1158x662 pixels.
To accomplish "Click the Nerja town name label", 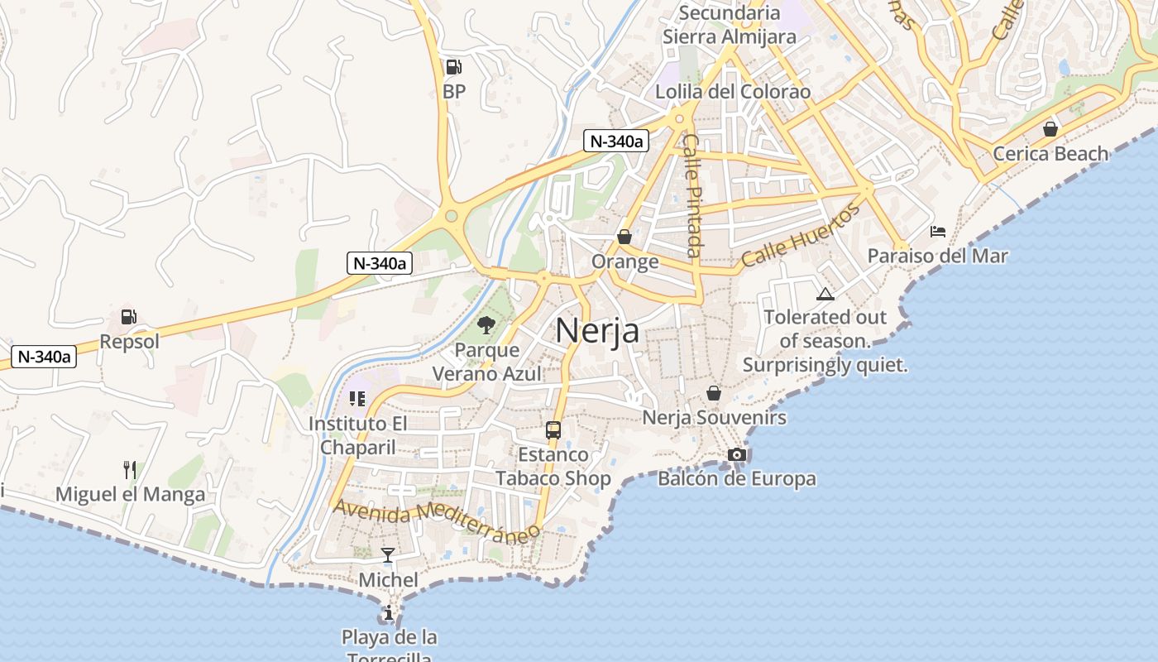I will click(x=597, y=330).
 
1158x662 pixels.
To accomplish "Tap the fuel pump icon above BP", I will click(x=453, y=67).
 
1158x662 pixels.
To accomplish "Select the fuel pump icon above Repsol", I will click(x=128, y=316).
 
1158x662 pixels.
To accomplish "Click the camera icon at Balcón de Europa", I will click(x=736, y=454).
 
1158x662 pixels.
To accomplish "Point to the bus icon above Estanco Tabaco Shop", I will click(x=553, y=430).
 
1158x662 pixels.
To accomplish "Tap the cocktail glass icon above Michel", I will click(x=388, y=554).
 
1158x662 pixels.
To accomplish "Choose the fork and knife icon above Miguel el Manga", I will click(x=130, y=470).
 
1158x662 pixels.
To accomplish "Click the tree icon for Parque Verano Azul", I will click(x=486, y=325).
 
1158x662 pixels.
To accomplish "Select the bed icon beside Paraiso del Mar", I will click(x=938, y=232).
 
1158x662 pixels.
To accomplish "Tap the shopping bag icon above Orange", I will click(x=624, y=237).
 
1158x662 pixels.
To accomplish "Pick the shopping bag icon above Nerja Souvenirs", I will click(x=714, y=393).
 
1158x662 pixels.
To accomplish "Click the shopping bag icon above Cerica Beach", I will click(x=1050, y=129).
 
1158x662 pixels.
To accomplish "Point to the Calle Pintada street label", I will click(x=693, y=195).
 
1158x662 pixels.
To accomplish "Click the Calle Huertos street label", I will click(x=800, y=235).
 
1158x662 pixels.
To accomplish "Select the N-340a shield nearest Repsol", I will click(x=44, y=357).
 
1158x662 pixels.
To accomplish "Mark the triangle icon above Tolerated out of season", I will click(x=825, y=294).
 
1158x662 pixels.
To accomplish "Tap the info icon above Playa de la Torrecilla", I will click(x=389, y=613).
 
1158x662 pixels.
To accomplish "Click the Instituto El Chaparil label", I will click(x=358, y=435).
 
